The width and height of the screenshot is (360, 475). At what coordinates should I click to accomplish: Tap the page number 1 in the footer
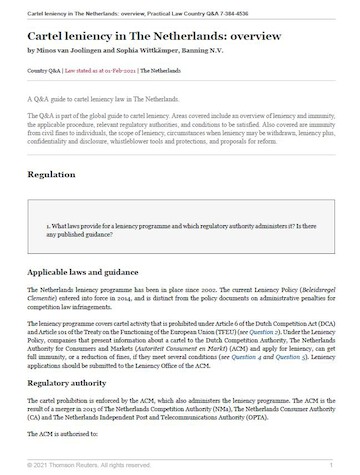pyautogui.click(x=330, y=466)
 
